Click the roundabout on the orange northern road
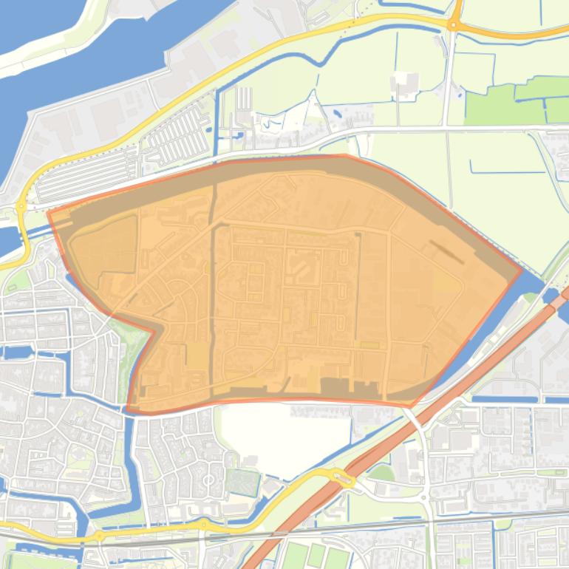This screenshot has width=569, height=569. click(453, 24)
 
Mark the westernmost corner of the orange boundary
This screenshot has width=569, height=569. click(49, 213)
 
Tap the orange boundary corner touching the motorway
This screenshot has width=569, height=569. click(411, 406)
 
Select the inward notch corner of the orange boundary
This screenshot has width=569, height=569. click(154, 332)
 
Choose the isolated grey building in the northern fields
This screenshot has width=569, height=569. click(405, 81)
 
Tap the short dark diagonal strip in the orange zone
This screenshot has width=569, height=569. click(447, 251)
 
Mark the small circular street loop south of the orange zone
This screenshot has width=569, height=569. click(208, 481)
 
